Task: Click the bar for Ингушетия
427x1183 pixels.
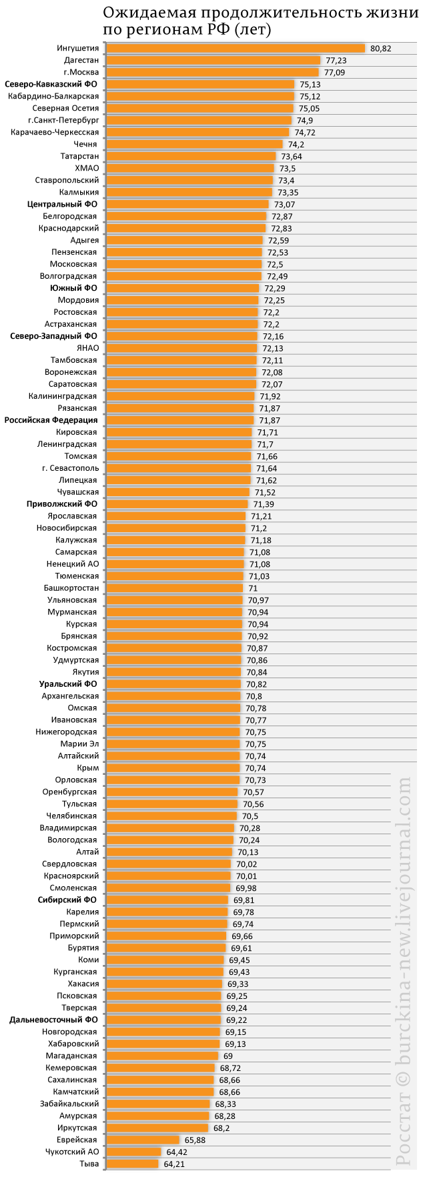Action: click(x=236, y=48)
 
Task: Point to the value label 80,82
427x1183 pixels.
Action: click(x=381, y=49)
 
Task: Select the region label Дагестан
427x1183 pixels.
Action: click(x=81, y=60)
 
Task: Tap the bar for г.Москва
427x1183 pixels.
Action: click(x=213, y=72)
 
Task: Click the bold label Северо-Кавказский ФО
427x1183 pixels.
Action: click(x=51, y=84)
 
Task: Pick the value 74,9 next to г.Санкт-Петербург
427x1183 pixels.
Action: click(x=305, y=121)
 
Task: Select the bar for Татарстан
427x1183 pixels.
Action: click(x=191, y=156)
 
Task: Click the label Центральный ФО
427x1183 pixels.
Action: click(x=63, y=204)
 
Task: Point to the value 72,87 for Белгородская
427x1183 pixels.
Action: click(x=282, y=217)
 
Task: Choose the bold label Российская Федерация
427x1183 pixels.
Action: click(x=51, y=420)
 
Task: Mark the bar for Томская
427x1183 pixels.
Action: click(x=179, y=456)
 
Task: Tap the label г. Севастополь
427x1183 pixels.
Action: click(x=70, y=468)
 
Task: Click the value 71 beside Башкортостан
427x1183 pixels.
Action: click(x=253, y=588)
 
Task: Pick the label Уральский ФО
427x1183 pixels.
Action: click(x=68, y=684)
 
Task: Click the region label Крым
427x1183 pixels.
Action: click(x=88, y=768)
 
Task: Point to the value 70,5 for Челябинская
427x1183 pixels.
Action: click(x=250, y=816)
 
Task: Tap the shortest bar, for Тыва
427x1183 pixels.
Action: click(x=133, y=1164)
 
